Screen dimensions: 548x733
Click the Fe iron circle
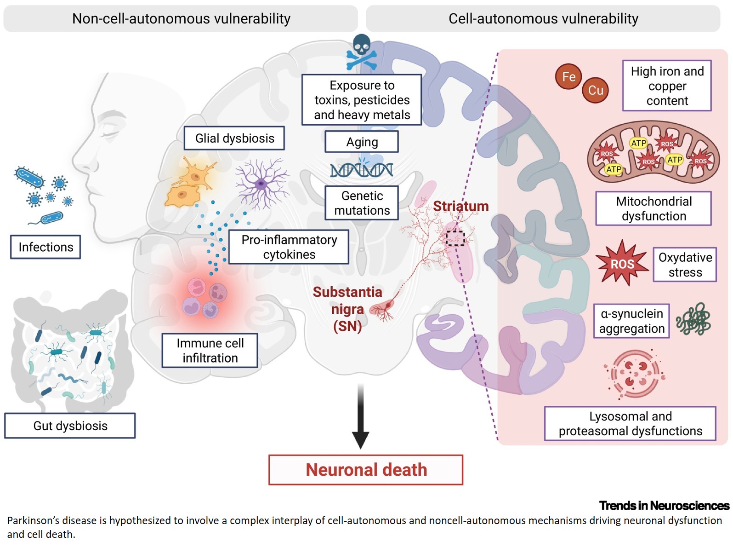[x=568, y=76]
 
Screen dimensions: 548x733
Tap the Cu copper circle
[x=595, y=90]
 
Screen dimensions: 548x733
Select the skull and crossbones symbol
[x=361, y=52]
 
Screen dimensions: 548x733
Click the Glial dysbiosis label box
[x=234, y=138]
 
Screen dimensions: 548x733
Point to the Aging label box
[x=362, y=142]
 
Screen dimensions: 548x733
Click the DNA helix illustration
[x=362, y=169]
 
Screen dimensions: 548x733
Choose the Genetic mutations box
[x=362, y=203]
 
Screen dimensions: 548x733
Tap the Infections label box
[x=45, y=247]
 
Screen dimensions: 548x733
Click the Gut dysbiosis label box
[x=70, y=426]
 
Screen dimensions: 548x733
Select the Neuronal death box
[x=366, y=470]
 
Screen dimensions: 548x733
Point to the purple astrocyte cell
[x=261, y=184]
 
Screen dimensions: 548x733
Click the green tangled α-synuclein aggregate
[x=693, y=319]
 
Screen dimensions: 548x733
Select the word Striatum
[x=460, y=206]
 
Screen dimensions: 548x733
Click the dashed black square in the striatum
[x=455, y=238]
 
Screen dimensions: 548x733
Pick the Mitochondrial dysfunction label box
[x=653, y=208]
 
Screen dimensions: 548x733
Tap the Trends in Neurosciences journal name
[x=664, y=506]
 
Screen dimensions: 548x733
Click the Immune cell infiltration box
[x=210, y=351]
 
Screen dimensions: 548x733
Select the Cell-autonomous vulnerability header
[x=543, y=18]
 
